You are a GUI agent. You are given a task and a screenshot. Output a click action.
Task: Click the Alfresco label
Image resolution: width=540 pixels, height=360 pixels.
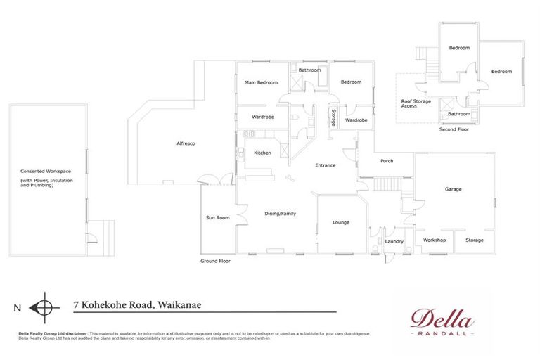pos(186,144)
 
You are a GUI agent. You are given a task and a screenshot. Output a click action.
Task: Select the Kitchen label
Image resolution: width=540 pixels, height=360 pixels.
pos(262,153)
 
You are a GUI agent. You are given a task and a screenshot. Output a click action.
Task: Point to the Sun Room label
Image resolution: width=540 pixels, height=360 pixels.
pos(217,218)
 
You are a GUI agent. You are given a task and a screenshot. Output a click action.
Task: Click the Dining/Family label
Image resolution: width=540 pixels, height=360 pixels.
pos(279,214)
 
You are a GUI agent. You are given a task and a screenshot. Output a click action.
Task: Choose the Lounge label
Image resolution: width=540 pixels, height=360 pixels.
pos(341,223)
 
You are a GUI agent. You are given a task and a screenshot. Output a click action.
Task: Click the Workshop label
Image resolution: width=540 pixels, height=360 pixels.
pos(435,240)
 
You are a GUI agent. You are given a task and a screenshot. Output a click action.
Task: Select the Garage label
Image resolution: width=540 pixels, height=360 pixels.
pos(453,190)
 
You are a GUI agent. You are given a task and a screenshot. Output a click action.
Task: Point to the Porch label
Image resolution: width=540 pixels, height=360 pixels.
pos(387,161)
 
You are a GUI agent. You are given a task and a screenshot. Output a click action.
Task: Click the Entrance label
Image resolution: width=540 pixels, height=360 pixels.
pos(325,166)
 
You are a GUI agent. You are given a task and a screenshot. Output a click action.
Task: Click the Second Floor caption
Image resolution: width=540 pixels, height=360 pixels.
pos(454,130)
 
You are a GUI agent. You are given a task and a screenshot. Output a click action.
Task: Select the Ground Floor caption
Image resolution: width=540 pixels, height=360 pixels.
pos(215,261)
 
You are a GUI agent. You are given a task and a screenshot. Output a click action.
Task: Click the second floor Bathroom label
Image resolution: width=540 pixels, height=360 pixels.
pos(459,114)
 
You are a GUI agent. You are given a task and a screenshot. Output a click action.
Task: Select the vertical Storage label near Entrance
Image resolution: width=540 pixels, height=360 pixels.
pos(333,117)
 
